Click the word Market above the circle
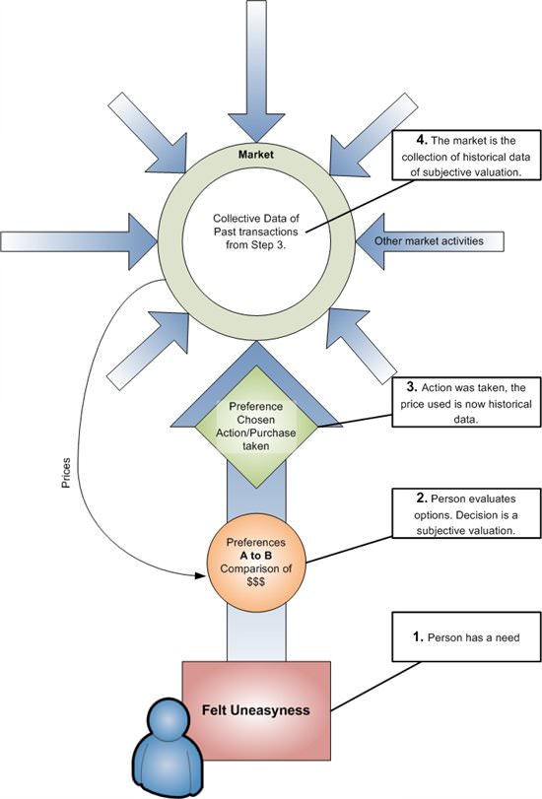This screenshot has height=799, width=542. pyautogui.click(x=256, y=154)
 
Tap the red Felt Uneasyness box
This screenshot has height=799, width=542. pyautogui.click(x=256, y=710)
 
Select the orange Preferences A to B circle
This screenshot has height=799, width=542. pyautogui.click(x=256, y=563)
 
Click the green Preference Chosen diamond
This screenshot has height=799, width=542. pyautogui.click(x=256, y=426)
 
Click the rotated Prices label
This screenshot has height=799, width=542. pyautogui.click(x=66, y=473)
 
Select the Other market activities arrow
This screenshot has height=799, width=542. pyautogui.click(x=430, y=241)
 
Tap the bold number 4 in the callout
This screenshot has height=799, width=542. pyautogui.click(x=422, y=140)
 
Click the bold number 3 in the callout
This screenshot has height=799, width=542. pyautogui.click(x=412, y=387)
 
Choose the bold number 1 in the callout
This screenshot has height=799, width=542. pyautogui.click(x=418, y=637)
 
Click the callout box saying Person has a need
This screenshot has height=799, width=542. pyautogui.click(x=466, y=637)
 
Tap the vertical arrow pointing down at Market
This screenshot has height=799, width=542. pyautogui.click(x=256, y=71)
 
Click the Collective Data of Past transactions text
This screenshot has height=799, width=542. pyautogui.click(x=256, y=232)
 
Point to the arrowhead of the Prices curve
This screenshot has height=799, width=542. pyautogui.click(x=200, y=575)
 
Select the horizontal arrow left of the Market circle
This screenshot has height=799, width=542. pyautogui.click(x=79, y=241)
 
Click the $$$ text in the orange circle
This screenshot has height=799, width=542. pyautogui.click(x=255, y=582)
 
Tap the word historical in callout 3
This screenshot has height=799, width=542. pyautogui.click(x=509, y=404)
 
